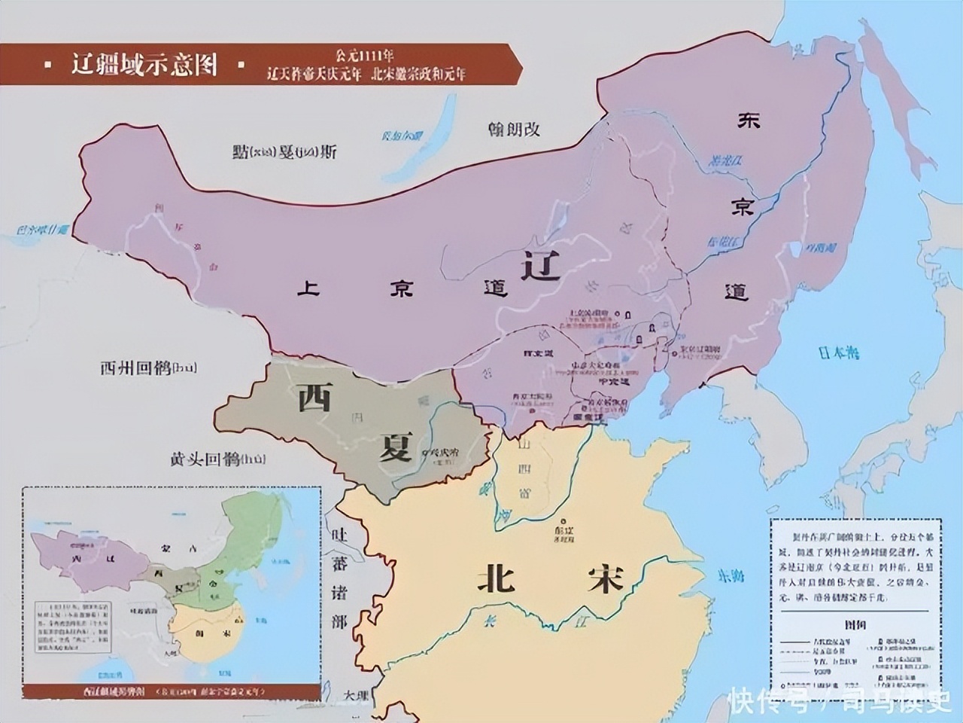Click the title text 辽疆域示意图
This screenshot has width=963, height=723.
click(144, 65)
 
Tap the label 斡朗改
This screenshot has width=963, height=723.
click(514, 129)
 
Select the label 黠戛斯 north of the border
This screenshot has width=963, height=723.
click(284, 151)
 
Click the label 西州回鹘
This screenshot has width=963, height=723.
click(147, 368)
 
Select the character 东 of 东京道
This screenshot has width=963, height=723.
click(749, 120)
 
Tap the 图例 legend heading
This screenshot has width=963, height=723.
click(855, 624)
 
